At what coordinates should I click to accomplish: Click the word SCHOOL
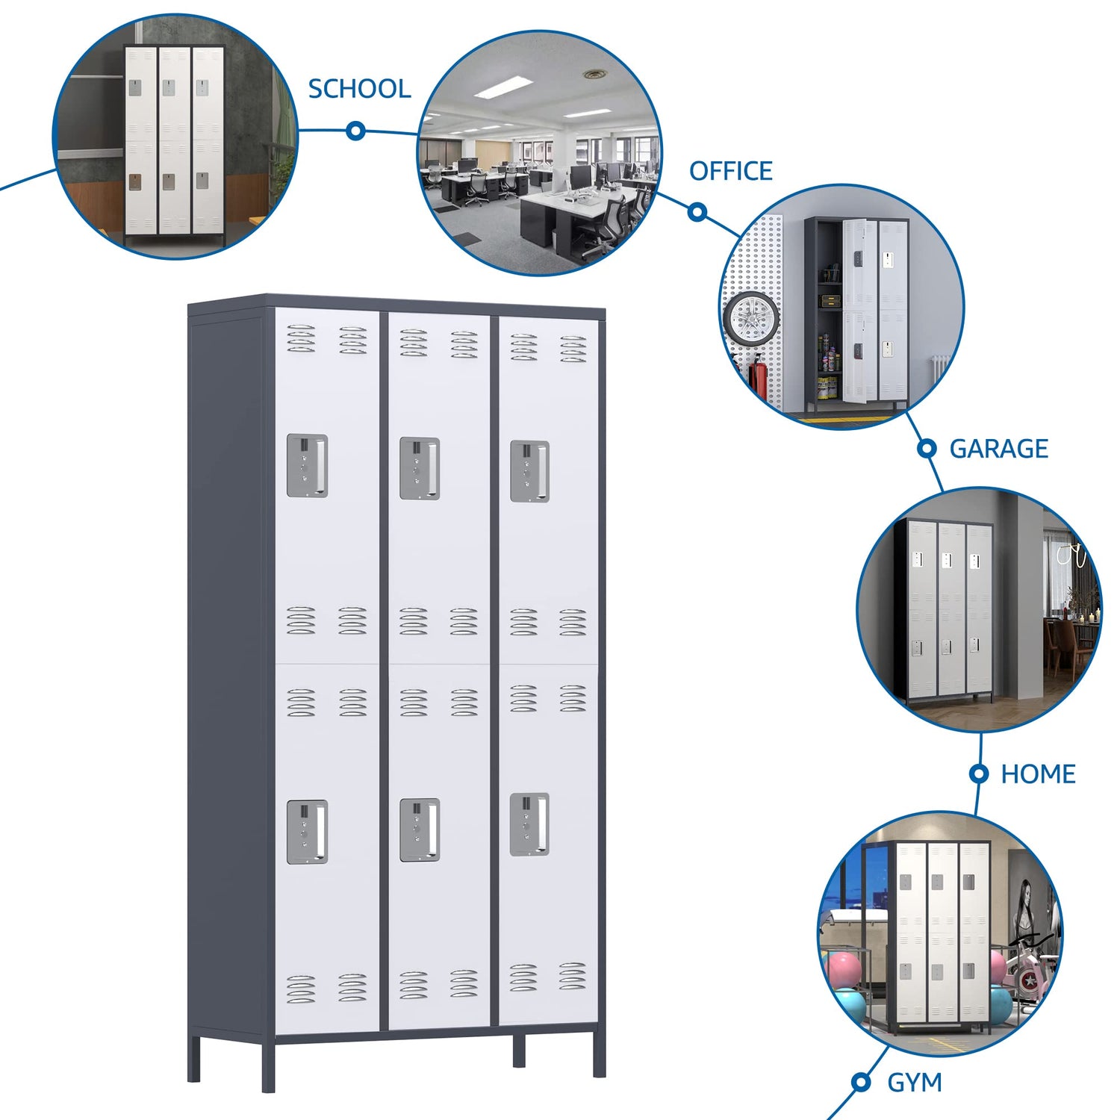click(359, 89)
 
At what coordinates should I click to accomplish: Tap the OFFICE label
click(730, 171)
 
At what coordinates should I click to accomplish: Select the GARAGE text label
click(998, 449)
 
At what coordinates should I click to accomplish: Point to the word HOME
click(1038, 774)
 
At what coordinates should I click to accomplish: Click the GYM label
click(914, 1083)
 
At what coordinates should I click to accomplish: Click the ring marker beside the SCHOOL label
click(356, 131)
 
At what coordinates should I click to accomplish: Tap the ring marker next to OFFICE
click(697, 212)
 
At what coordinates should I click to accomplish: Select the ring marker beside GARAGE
click(927, 449)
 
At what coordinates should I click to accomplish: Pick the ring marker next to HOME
click(979, 774)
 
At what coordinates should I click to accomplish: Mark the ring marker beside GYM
click(861, 1082)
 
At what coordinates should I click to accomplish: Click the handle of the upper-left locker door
click(308, 466)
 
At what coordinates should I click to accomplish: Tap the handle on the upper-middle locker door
click(420, 469)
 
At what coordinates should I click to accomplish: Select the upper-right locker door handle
click(529, 471)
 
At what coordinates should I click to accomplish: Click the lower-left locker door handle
click(308, 833)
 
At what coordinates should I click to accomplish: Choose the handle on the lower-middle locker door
click(420, 830)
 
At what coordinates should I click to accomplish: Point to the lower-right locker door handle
click(529, 824)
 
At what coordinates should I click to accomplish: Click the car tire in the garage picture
click(751, 319)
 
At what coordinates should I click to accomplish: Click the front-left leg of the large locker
click(268, 1065)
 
